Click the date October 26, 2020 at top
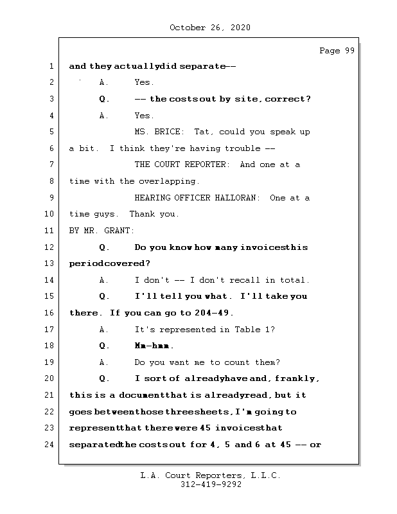click(210, 28)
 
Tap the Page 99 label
click(337, 51)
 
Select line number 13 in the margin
click(51, 263)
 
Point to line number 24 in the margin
click(51, 445)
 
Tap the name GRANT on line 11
click(119, 231)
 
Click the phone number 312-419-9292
click(211, 485)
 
